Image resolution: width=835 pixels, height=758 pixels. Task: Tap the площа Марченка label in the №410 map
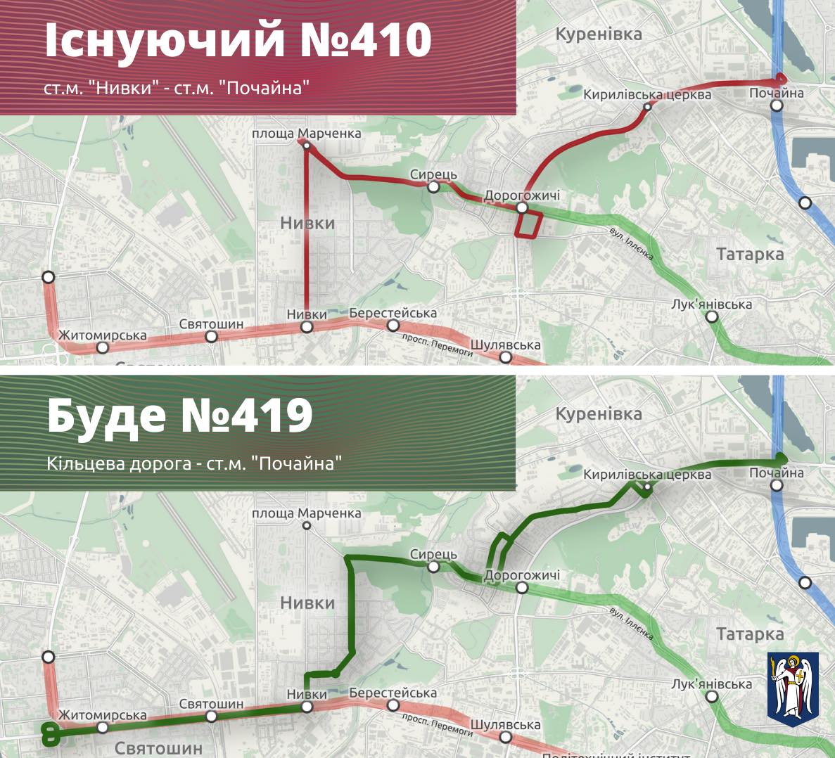point(307,133)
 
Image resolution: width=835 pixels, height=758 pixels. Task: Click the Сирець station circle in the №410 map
point(434,187)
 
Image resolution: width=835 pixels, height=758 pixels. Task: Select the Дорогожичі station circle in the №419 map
point(521,588)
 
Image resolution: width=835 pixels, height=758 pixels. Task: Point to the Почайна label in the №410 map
point(776,93)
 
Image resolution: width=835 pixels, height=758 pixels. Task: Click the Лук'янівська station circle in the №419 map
point(713,697)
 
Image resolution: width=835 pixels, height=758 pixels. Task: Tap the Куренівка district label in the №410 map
point(599,34)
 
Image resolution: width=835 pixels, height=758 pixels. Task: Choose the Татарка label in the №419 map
point(750,634)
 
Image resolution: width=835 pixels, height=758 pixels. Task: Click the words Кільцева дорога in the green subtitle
point(122,464)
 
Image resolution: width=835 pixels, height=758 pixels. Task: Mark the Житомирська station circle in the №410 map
point(103,347)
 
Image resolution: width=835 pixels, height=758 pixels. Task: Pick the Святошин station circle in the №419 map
point(212,717)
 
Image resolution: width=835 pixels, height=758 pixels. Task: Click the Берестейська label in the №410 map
point(393,313)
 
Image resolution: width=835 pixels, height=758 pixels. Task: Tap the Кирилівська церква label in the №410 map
point(647,95)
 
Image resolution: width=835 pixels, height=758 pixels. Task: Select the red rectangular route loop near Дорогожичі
point(528,226)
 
